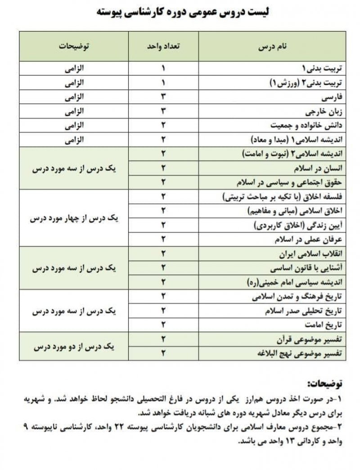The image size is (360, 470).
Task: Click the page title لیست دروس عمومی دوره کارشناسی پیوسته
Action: click(x=180, y=12)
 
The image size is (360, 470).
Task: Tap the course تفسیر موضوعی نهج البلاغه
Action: click(x=302, y=354)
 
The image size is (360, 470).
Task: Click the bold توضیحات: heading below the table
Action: click(x=324, y=384)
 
